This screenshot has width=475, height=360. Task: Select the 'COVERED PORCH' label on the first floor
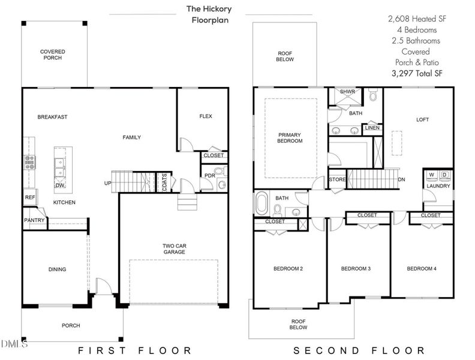(x=53, y=55)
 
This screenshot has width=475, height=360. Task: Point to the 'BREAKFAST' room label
(x=52, y=116)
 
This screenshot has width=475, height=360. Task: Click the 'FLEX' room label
(x=206, y=116)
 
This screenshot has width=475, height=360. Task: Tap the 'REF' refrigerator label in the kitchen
(x=29, y=197)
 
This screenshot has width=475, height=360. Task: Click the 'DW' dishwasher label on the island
(x=60, y=185)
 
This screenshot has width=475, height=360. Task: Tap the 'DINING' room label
(x=57, y=269)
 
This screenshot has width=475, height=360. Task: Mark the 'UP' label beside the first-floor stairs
(x=108, y=183)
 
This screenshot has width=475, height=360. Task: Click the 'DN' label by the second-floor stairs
(x=402, y=179)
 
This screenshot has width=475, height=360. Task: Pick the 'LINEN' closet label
(x=371, y=128)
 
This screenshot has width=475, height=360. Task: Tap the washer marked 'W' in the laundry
(x=431, y=175)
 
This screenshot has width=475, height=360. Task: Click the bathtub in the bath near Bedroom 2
(x=262, y=203)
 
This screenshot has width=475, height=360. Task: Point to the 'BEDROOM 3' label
(x=356, y=268)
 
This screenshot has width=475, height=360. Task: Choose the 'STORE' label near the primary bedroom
(x=337, y=179)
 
